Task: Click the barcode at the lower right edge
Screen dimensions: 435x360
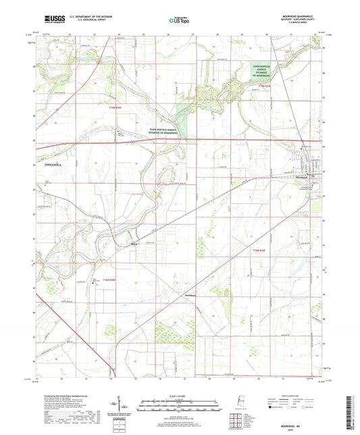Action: (x=353, y=405)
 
